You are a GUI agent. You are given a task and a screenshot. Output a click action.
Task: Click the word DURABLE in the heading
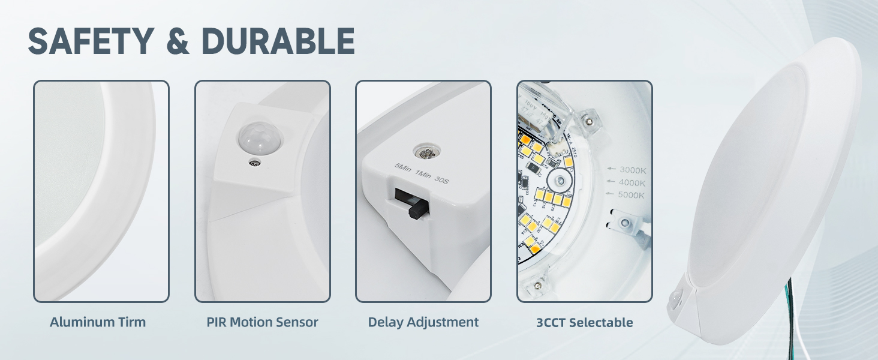278,41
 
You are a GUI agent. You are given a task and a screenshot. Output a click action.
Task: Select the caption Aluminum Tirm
98,322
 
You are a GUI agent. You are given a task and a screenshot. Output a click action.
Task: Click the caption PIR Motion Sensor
262,322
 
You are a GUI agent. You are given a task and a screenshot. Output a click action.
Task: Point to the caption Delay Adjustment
423,322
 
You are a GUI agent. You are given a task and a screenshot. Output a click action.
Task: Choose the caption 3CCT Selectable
585,323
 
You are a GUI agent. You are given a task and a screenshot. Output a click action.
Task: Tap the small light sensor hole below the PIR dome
255,163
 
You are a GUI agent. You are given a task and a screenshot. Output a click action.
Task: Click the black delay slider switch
416,208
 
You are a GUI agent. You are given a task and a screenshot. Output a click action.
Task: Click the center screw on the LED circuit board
560,180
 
